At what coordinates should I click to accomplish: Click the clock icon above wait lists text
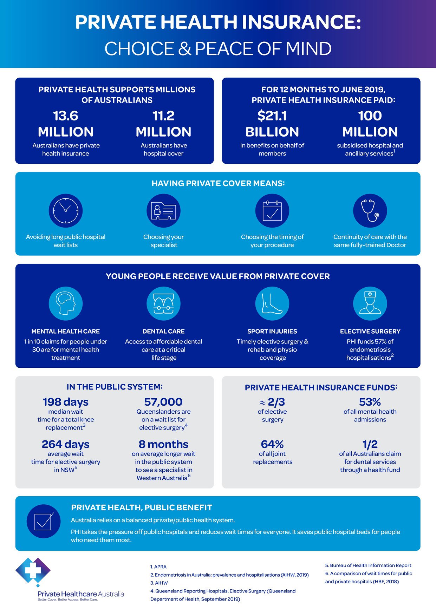pyautogui.click(x=66, y=211)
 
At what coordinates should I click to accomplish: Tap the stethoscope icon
pyautogui.click(x=370, y=211)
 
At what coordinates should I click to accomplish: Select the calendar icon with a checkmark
pyautogui.click(x=272, y=211)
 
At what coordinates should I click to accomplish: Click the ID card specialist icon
pyautogui.click(x=163, y=211)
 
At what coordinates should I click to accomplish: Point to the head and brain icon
pyautogui.click(x=66, y=303)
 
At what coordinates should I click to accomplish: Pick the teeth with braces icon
pyautogui.click(x=163, y=303)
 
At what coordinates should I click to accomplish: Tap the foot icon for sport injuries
pyautogui.click(x=272, y=303)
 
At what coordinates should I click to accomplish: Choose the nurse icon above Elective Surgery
pyautogui.click(x=370, y=303)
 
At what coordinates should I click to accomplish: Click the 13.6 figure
pyautogui.click(x=66, y=116)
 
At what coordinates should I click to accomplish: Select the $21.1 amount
pyautogui.click(x=272, y=116)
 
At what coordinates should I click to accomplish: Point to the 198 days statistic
pyautogui.click(x=66, y=402)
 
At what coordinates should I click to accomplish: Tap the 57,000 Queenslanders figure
pyautogui.click(x=163, y=402)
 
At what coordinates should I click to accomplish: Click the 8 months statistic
pyautogui.click(x=163, y=444)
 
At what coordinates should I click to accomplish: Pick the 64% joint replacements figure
pyautogui.click(x=272, y=444)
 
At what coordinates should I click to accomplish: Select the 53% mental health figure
pyautogui.click(x=370, y=402)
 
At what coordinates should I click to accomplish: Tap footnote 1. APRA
pyautogui.click(x=158, y=567)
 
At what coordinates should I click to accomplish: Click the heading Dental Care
pyautogui.click(x=163, y=331)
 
